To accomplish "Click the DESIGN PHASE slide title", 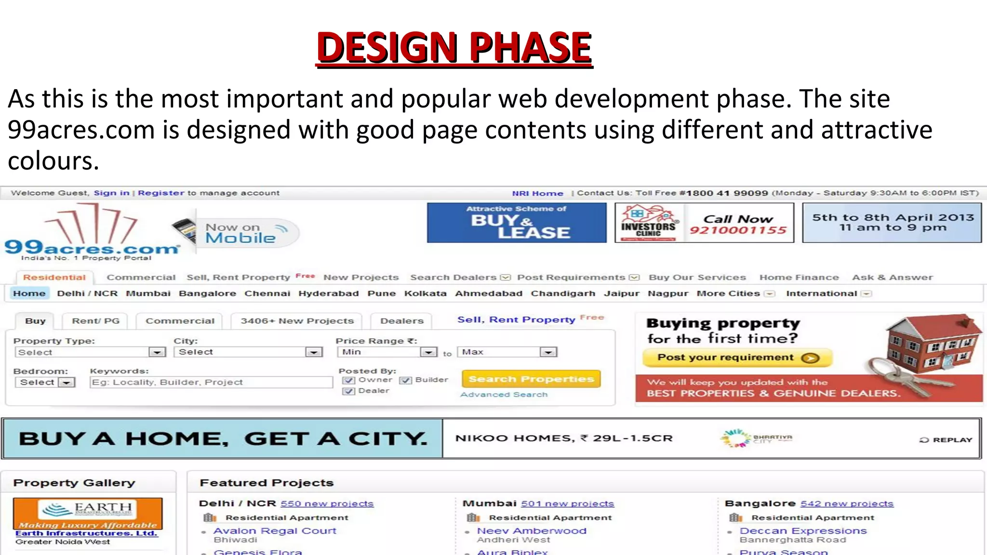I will pos(454,47).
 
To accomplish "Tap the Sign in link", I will pos(111,193).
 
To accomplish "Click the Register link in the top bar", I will pos(161,193).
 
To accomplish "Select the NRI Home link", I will pos(537,193).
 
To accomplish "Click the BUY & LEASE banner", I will pos(516,223).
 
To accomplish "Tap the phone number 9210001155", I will pos(738,230).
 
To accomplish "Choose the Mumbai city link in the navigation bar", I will pos(148,293).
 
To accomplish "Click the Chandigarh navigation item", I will pos(563,293).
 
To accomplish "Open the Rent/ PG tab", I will pos(95,321).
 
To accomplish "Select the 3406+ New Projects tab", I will pos(297,321).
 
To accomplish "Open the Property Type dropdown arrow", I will pos(157,352).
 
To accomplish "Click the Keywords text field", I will pos(211,382).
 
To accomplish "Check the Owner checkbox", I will pos(348,380).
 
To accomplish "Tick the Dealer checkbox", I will pos(348,391).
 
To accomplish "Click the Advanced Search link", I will pos(504,395).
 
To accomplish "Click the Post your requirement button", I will pos(737,357).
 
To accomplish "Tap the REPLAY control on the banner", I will pos(946,440).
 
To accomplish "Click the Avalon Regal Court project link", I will pos(275,531).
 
